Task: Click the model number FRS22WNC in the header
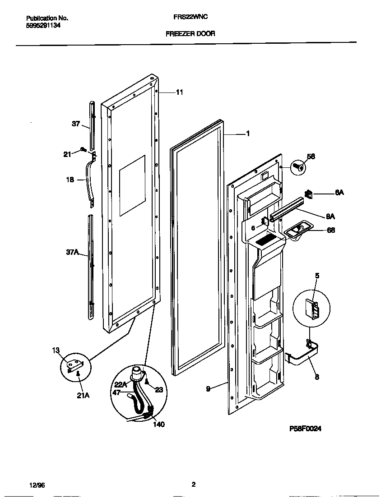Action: (x=191, y=18)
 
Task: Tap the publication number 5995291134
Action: (x=43, y=26)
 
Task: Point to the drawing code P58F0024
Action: (x=305, y=429)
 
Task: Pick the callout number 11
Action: (x=179, y=92)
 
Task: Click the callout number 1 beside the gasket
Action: (x=248, y=134)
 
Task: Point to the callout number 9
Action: (x=208, y=388)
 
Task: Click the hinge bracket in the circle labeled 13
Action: (x=74, y=365)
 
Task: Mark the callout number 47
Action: (x=116, y=392)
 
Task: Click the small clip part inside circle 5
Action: (x=312, y=309)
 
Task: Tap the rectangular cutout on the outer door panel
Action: (x=132, y=185)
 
